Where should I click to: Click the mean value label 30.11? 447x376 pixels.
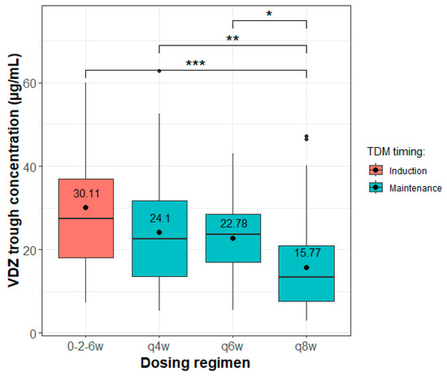[x=85, y=194]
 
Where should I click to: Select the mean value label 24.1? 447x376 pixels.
[x=159, y=218]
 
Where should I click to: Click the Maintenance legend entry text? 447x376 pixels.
[x=414, y=188]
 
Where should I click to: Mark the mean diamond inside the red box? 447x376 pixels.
[x=85, y=207]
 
